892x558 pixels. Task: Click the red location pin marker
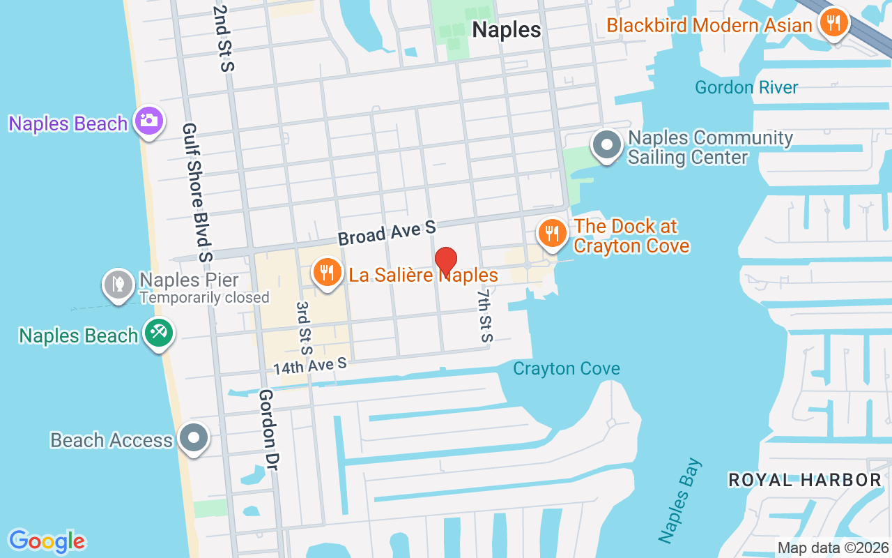pos(446,262)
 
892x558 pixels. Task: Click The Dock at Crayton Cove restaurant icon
pos(552,233)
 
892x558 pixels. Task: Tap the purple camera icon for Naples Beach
pos(148,121)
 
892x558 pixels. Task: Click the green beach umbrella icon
pos(158,332)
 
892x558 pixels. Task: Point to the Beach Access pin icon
pos(194,438)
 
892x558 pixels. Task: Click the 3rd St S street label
pos(304,329)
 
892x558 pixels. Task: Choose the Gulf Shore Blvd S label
pos(197,193)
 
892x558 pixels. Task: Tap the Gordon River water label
pos(746,87)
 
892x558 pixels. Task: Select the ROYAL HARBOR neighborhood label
pos(805,480)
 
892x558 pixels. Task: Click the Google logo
pos(47,541)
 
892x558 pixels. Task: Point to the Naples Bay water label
pos(680,500)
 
